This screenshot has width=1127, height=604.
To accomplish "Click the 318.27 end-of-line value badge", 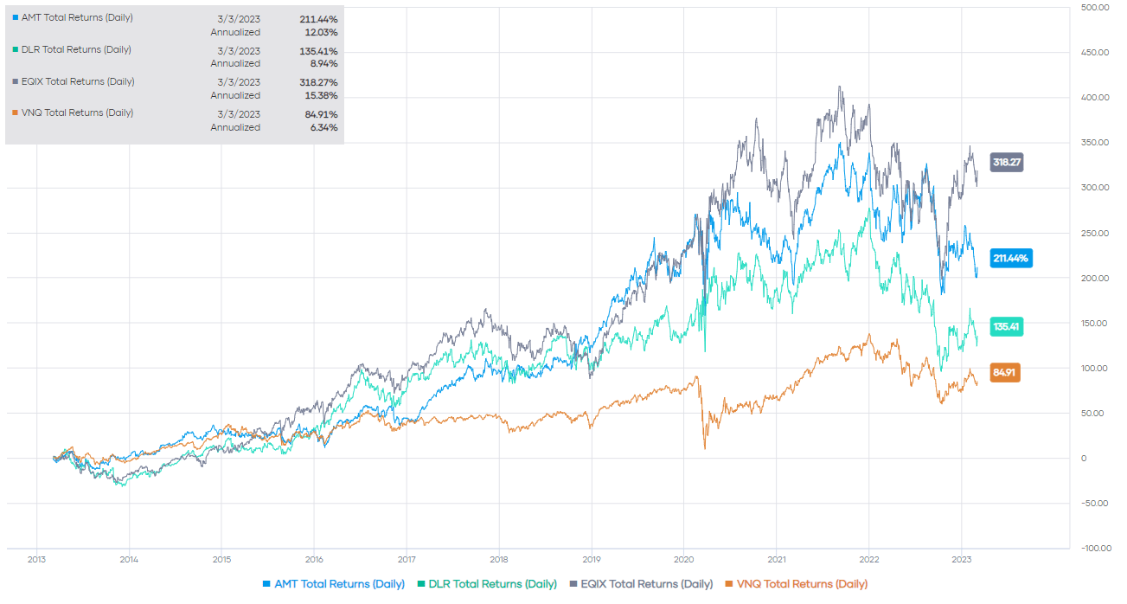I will point(1007,162).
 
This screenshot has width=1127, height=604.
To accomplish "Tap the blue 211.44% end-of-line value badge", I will point(1011,258).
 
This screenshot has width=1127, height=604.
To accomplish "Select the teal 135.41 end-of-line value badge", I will point(1007,328).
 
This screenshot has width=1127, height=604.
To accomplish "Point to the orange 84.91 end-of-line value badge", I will point(1006,374).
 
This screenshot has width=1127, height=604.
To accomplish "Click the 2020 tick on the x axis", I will point(684,558).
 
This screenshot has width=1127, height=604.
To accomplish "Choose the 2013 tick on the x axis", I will point(36,558).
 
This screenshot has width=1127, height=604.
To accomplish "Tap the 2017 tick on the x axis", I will point(407,558).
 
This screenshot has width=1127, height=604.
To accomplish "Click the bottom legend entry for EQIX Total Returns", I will point(641,584).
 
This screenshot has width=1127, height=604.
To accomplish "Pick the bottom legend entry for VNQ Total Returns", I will point(796,584).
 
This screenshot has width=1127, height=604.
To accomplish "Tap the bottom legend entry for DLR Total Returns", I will point(486,584).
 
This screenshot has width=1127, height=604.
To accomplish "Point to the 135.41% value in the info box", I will point(317,51).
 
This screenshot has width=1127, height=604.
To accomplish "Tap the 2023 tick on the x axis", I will point(962,558).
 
